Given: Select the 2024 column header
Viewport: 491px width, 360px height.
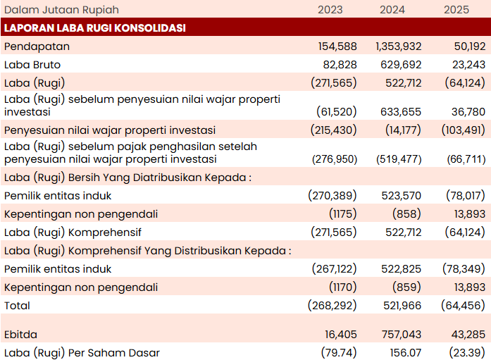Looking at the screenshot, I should pyautogui.click(x=392, y=10).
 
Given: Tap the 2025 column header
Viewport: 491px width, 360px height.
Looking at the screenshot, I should pyautogui.click(x=456, y=10).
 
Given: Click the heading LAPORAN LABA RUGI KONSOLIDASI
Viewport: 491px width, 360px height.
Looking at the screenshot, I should pyautogui.click(x=95, y=28).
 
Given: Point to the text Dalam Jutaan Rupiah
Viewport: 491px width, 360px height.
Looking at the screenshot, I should pyautogui.click(x=61, y=10).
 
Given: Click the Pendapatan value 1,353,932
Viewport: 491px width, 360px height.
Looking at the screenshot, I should pyautogui.click(x=399, y=46).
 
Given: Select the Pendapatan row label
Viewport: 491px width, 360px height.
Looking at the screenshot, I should pyautogui.click(x=37, y=46).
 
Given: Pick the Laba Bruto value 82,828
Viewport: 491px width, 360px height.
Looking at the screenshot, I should pyautogui.click(x=340, y=65).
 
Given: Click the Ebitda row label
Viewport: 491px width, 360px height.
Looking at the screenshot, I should pyautogui.click(x=20, y=335).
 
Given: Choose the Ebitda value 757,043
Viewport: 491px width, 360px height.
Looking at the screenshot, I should pyautogui.click(x=402, y=335).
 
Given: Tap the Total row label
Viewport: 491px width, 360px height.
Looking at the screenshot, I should pyautogui.click(x=17, y=306).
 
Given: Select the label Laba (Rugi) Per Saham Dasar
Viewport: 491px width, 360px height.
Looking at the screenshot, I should pyautogui.click(x=82, y=353).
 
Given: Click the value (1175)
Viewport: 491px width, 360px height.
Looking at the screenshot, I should pyautogui.click(x=343, y=214).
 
